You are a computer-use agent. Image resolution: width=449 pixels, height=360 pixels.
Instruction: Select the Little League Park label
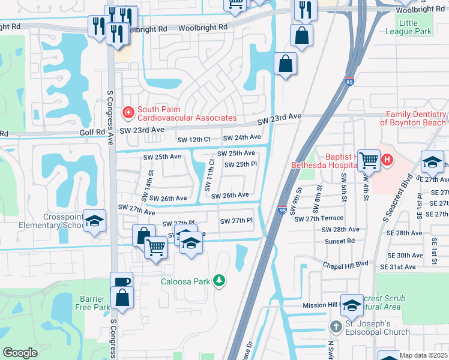click(415, 27)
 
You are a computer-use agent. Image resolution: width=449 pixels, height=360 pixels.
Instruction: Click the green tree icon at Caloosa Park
click(220, 281)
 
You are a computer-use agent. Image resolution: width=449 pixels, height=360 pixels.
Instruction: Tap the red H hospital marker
click(387, 160)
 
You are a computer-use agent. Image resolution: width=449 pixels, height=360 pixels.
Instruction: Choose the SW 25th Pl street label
click(241, 164)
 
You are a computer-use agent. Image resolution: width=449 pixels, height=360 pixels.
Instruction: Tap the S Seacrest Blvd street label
click(397, 192)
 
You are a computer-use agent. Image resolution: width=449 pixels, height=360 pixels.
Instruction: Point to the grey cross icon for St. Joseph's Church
click(336, 328)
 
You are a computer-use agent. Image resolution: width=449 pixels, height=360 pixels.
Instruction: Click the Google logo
click(20, 352)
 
